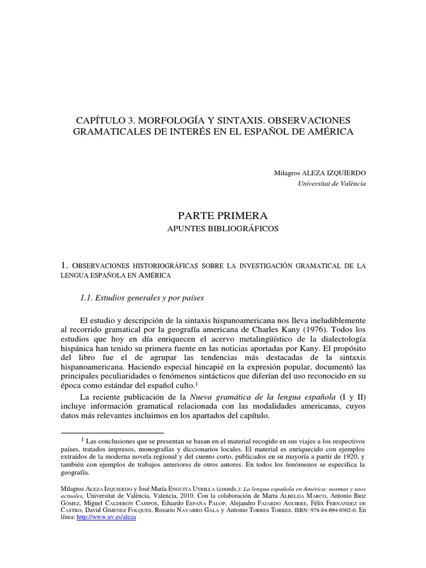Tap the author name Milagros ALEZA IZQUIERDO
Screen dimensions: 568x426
tap(320, 173)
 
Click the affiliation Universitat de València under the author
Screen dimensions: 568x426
tap(332, 184)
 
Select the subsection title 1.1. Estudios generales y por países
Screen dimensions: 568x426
tap(143, 298)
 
